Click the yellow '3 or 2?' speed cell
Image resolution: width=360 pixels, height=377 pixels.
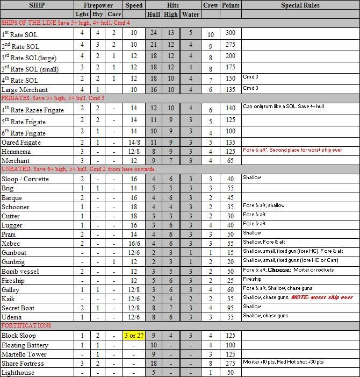(133, 336)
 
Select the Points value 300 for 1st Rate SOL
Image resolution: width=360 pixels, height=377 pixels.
(231, 33)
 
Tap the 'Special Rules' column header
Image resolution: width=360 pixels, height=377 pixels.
(300, 5)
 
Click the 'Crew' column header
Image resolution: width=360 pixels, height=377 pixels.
(211, 5)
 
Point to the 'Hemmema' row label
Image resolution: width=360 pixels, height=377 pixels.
(16, 152)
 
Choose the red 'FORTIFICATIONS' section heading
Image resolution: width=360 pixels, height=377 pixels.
(26, 325)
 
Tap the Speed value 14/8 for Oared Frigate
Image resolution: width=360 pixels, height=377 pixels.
(133, 143)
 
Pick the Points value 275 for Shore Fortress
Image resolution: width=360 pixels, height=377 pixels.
(231, 364)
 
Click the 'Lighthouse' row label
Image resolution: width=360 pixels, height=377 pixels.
(18, 373)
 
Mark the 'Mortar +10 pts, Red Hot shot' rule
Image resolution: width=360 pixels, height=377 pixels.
(282, 362)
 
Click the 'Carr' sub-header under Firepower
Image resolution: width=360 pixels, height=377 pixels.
(114, 15)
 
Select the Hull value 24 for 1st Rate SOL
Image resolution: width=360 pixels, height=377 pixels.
(154, 33)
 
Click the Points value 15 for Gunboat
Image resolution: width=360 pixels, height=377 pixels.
(231, 252)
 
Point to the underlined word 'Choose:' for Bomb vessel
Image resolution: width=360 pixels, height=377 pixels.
(279, 270)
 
